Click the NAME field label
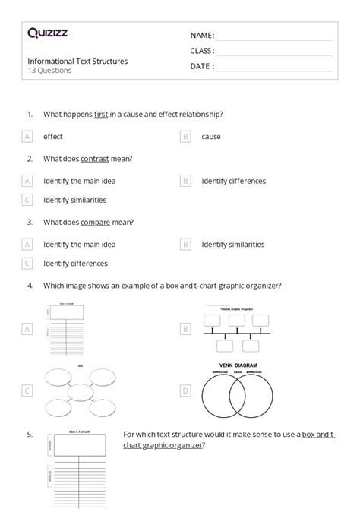[201, 36]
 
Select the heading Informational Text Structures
[77, 61]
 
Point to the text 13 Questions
[50, 71]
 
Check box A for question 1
[27, 137]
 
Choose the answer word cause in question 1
[211, 137]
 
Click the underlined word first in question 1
[101, 114]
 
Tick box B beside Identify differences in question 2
[185, 181]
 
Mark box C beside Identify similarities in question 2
[27, 200]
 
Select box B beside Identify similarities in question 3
[185, 245]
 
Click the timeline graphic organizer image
[237, 330]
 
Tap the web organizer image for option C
[78, 390]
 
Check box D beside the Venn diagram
[185, 390]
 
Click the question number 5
[30, 435]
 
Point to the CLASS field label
[202, 51]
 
